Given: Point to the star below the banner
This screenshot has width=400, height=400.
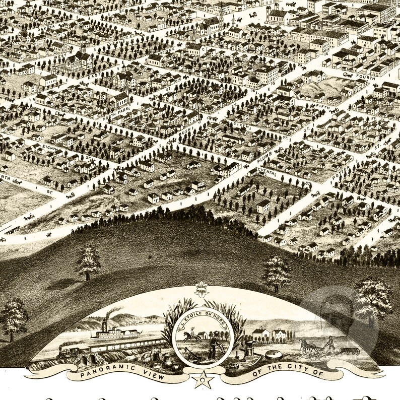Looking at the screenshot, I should click(203, 380).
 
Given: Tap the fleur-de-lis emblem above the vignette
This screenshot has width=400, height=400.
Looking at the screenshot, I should click(203, 290).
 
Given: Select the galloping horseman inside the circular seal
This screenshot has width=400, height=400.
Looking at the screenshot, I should click(190, 335).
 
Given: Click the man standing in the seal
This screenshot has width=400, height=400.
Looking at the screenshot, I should click(212, 345).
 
